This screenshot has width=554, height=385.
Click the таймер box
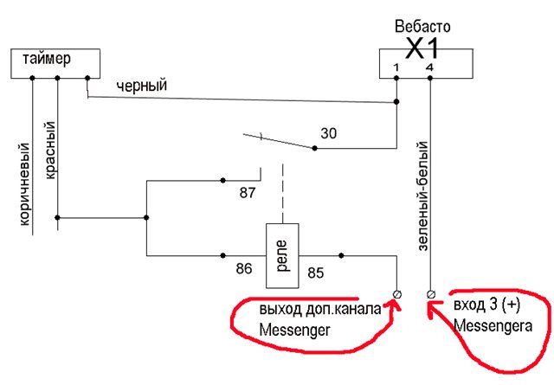click(53, 62)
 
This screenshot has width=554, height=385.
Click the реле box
click(281, 253)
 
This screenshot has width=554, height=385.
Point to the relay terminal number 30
click(328, 133)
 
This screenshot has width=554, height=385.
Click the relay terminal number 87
click(248, 190)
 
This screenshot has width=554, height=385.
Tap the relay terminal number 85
click(316, 273)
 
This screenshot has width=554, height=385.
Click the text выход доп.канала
click(319, 310)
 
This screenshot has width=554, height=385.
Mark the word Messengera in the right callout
click(493, 324)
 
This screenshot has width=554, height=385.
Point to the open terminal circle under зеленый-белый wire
click(431, 294)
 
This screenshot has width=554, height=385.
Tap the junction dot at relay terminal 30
click(314, 148)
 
